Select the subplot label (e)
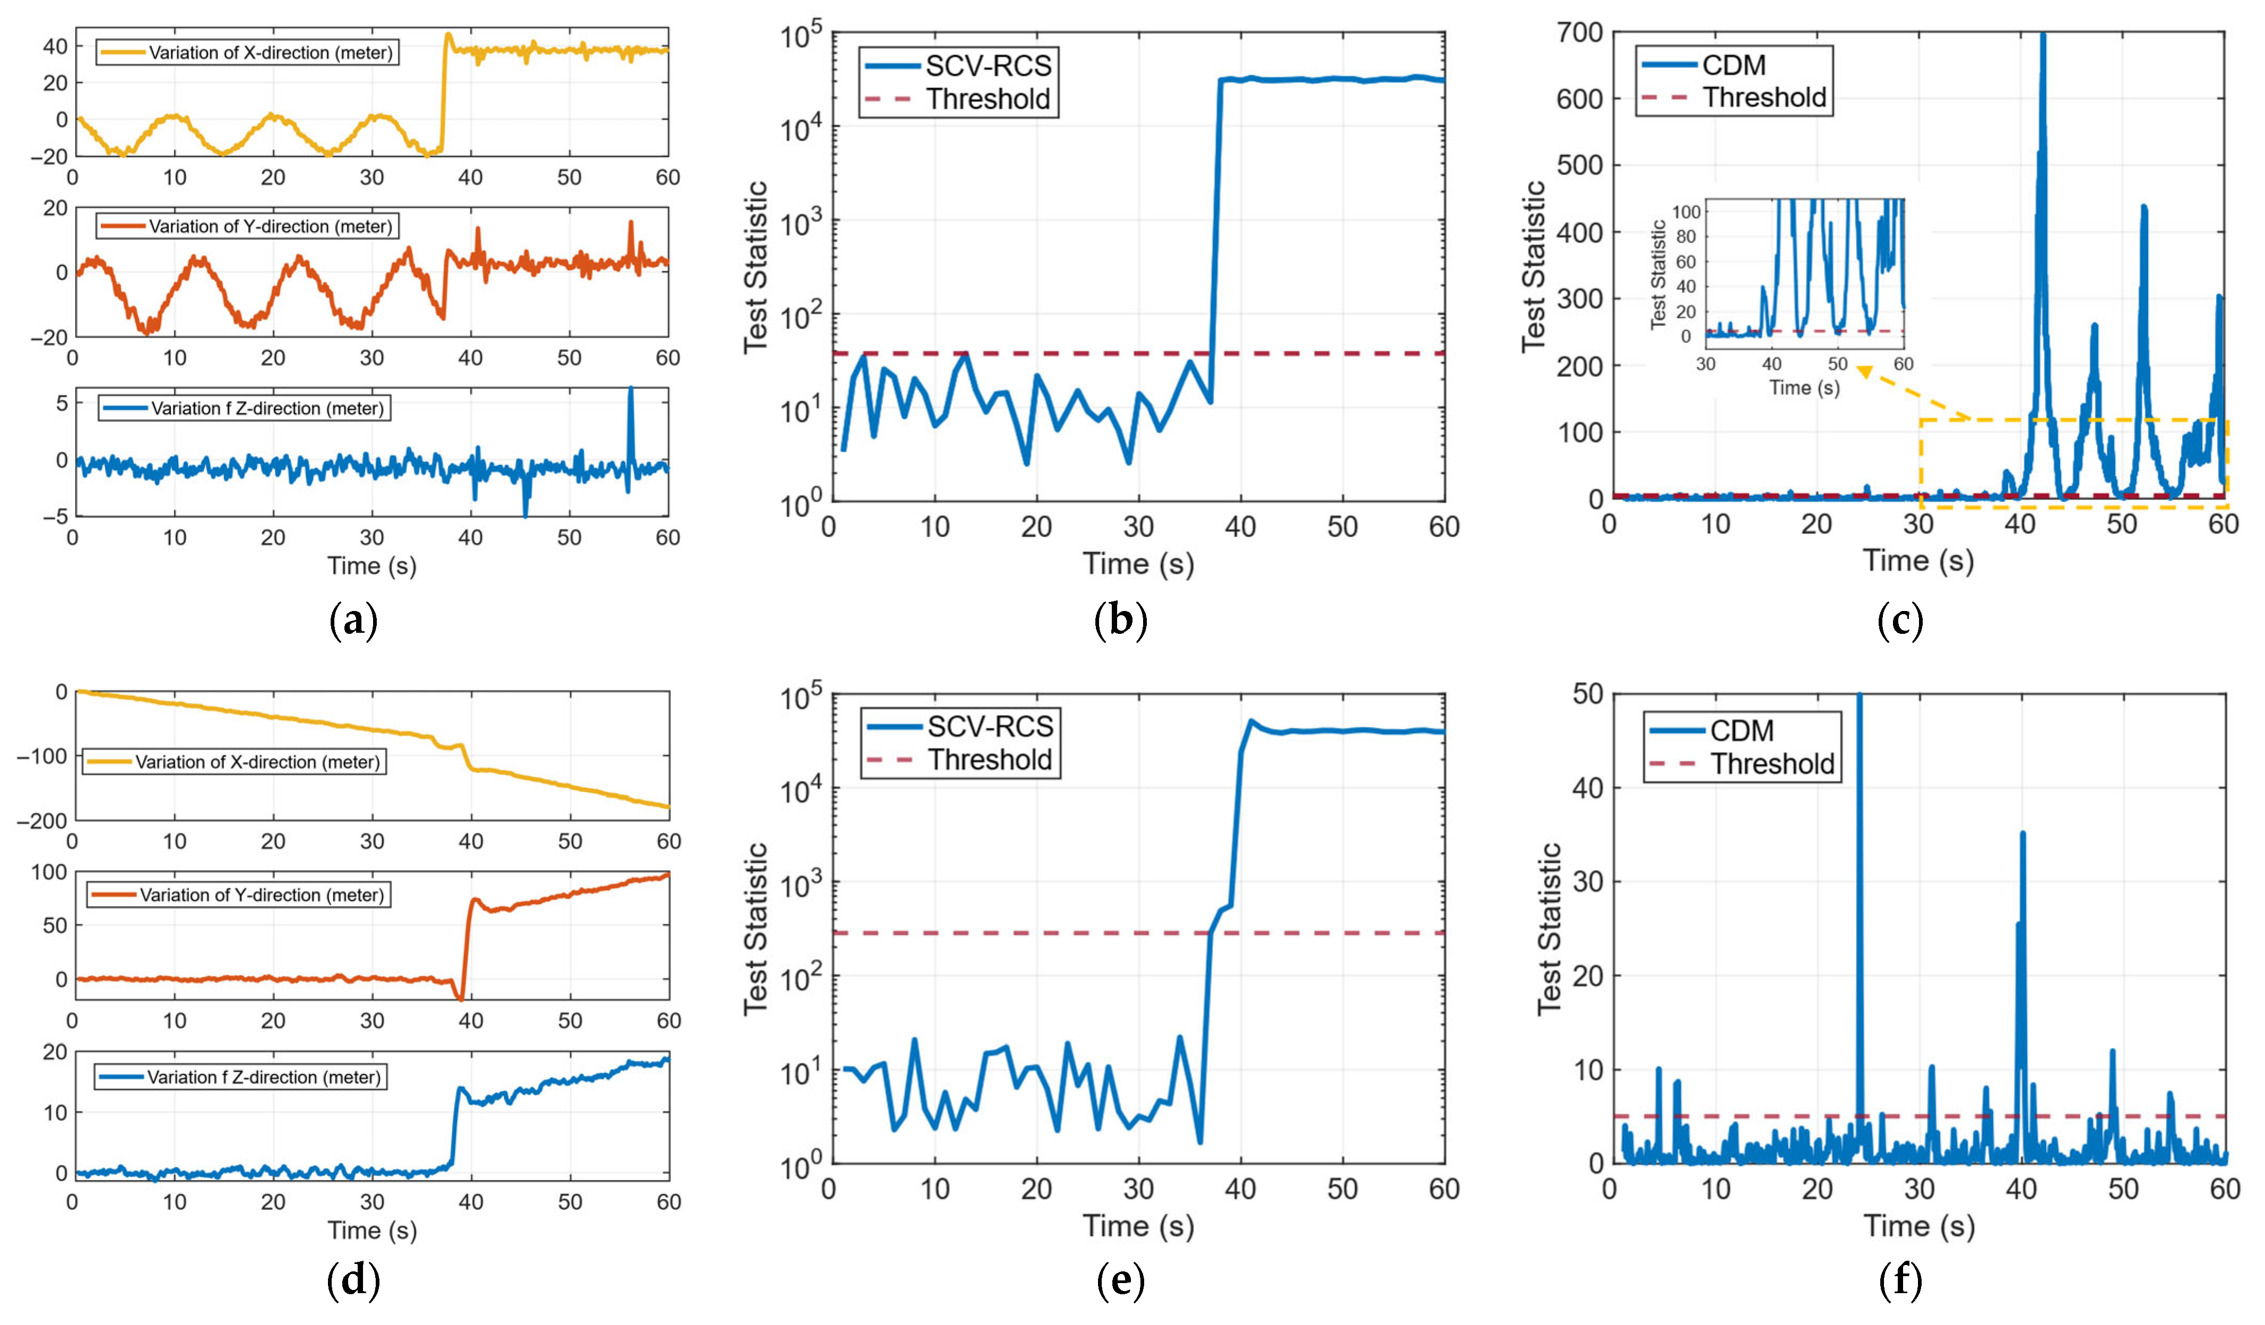[x=1120, y=1281]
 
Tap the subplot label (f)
[x=1900, y=1281]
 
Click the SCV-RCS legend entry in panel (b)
[x=958, y=66]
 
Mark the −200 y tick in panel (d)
[x=41, y=821]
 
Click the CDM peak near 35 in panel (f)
[x=2022, y=834]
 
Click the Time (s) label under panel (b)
[x=1138, y=564]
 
